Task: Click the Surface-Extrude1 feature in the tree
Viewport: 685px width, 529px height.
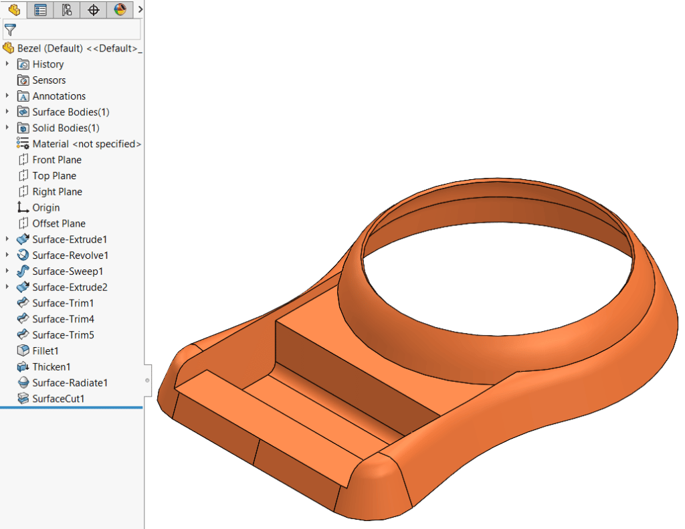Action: pos(70,239)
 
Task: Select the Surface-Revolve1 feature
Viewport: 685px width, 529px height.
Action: pos(70,255)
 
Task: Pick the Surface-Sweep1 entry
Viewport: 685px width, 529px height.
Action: pos(68,272)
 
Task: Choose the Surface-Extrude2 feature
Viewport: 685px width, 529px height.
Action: pos(70,288)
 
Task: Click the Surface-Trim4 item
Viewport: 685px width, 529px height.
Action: pos(63,319)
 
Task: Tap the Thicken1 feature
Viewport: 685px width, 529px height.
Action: pos(51,367)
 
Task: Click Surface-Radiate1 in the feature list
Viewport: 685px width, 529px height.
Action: pos(70,383)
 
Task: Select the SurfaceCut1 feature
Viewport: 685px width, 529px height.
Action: pos(58,399)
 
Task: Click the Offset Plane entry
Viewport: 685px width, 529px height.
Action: pos(58,223)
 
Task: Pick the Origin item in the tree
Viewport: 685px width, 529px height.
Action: pos(45,207)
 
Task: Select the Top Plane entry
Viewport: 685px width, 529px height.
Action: pos(54,176)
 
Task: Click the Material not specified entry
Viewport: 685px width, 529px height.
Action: pos(86,144)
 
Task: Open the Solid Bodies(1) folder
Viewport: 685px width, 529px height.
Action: pos(66,128)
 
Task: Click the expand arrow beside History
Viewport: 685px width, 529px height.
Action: pos(7,64)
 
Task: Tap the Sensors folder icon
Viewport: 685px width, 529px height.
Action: pos(23,80)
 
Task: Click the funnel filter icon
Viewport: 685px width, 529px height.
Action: pos(10,29)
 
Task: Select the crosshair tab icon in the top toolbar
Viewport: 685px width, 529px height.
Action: pos(94,9)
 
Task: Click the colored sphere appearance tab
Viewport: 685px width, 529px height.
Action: pos(120,9)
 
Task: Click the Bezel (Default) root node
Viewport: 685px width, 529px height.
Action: pos(74,48)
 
